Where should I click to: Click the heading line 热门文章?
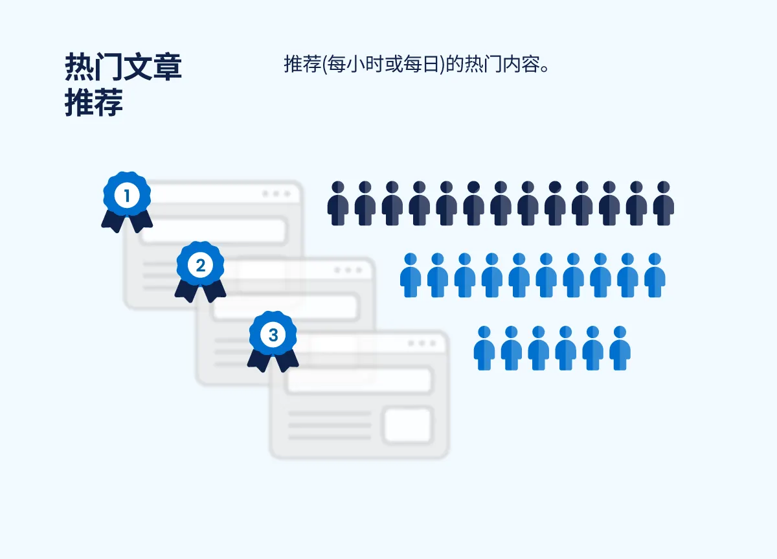123,67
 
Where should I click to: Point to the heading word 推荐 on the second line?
94,103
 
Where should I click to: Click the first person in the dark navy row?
338,203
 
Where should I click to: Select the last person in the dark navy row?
664,203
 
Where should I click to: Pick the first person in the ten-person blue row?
411,275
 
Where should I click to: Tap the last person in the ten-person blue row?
655,275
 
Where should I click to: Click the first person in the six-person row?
484,348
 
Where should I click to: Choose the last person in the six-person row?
620,348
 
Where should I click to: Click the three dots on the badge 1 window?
276,194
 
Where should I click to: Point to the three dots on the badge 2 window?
349,270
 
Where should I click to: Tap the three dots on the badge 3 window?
422,344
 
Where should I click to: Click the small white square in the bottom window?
408,426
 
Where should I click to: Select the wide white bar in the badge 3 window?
359,381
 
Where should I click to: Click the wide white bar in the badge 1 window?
214,231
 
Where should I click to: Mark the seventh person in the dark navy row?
501,203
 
